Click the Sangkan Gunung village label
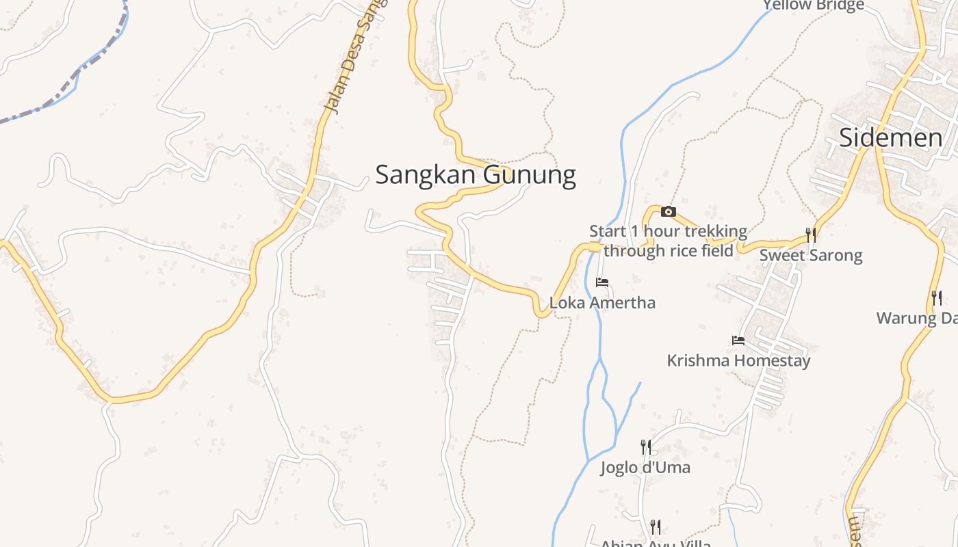(x=475, y=175)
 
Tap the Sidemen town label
(x=890, y=137)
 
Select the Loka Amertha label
(x=602, y=302)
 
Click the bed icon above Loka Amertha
(x=602, y=282)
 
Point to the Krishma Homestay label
(x=738, y=360)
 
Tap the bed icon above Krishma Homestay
(x=738, y=340)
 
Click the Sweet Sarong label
(x=811, y=255)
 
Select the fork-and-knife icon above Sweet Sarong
(x=811, y=235)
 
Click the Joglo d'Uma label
(x=645, y=467)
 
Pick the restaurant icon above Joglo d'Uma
(x=645, y=447)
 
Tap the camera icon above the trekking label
(x=669, y=212)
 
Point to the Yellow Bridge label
(x=814, y=5)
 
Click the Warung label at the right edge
(x=917, y=318)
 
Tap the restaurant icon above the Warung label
(x=937, y=297)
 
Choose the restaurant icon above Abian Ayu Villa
(x=656, y=526)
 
